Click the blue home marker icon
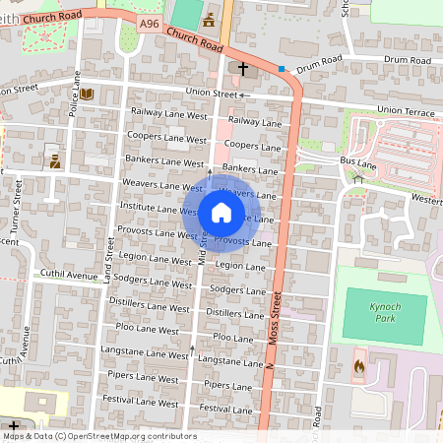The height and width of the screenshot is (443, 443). (221, 212)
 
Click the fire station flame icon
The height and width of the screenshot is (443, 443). (357, 369)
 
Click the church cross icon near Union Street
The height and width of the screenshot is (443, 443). (243, 70)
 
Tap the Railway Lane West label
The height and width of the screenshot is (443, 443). (166, 111)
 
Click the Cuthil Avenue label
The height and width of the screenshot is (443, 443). (63, 274)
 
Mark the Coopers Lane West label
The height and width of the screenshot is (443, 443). (166, 137)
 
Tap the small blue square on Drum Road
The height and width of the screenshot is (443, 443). (282, 69)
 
